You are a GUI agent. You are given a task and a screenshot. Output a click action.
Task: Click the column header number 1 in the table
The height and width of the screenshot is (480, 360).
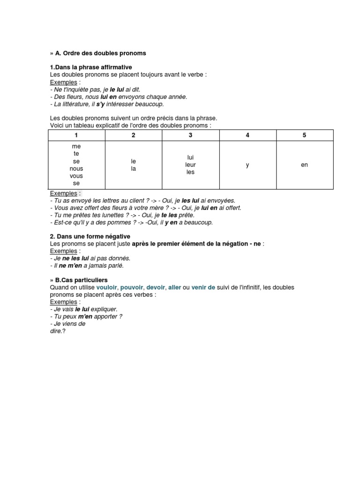76,135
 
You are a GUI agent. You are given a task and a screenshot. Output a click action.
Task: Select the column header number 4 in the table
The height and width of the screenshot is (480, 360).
247,135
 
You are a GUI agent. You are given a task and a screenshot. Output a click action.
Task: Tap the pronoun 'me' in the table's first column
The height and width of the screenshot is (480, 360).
76,146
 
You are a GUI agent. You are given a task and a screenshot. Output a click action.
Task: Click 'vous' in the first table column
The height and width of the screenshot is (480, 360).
76,176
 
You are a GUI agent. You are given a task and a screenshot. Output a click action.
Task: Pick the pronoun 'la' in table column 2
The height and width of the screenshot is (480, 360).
134,169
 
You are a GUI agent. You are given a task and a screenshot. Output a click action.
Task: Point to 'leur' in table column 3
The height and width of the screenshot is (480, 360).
190,165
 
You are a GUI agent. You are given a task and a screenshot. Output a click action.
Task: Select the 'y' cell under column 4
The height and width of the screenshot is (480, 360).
247,165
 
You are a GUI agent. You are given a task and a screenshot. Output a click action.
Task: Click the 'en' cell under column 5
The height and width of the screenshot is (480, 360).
304,165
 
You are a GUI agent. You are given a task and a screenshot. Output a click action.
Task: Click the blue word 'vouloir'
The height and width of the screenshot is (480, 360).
107,287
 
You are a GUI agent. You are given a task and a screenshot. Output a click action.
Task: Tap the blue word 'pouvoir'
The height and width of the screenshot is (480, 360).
131,287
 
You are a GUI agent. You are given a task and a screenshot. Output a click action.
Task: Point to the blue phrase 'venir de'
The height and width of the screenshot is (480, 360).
203,287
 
